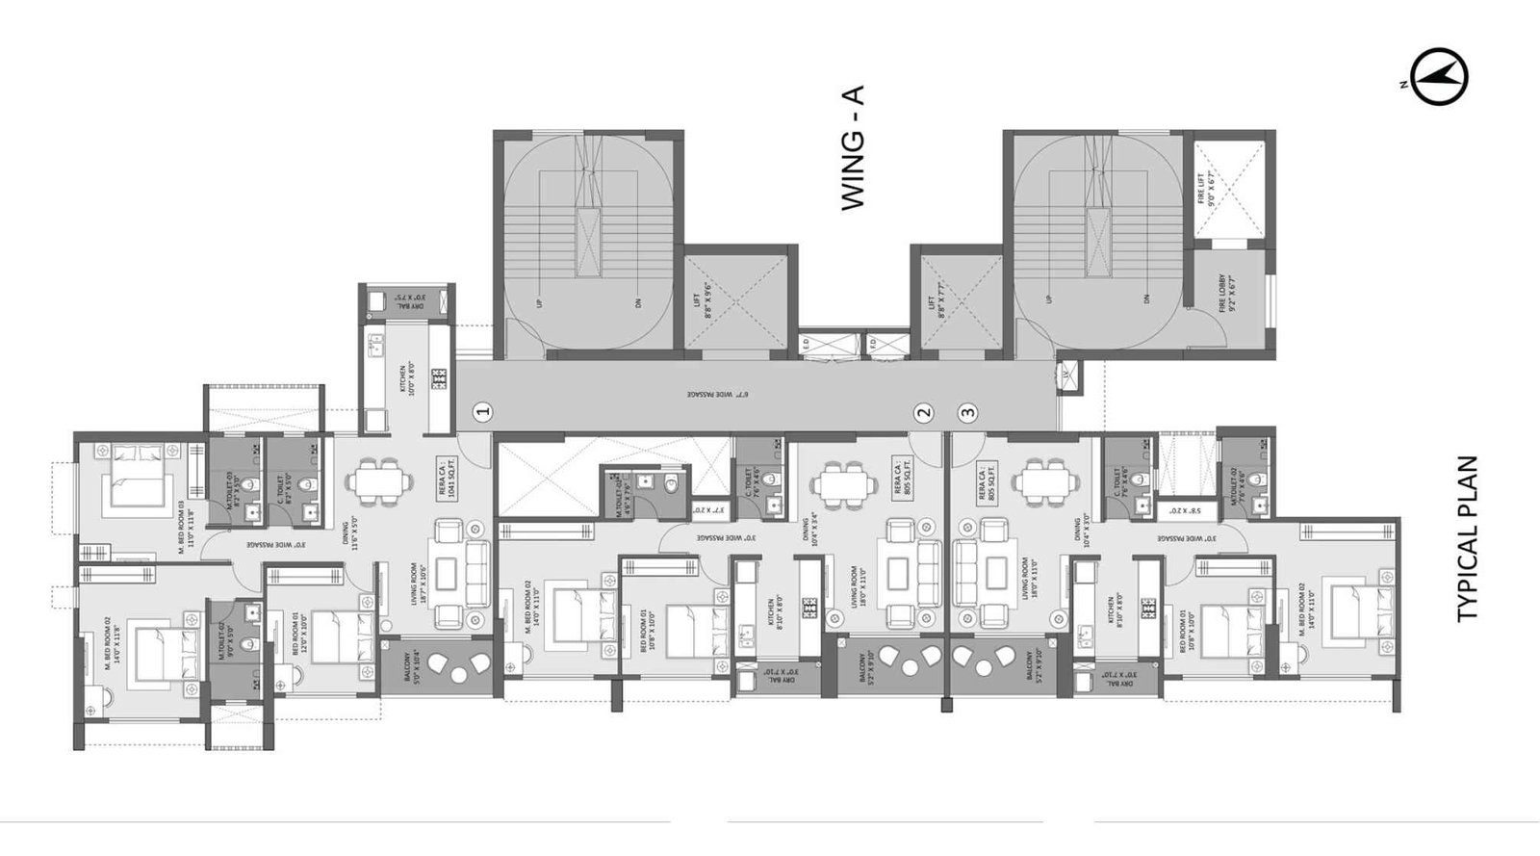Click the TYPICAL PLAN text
[1468, 538]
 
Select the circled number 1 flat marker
[484, 412]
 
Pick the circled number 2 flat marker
[924, 412]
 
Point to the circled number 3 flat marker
[967, 412]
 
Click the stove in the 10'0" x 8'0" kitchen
[440, 378]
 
